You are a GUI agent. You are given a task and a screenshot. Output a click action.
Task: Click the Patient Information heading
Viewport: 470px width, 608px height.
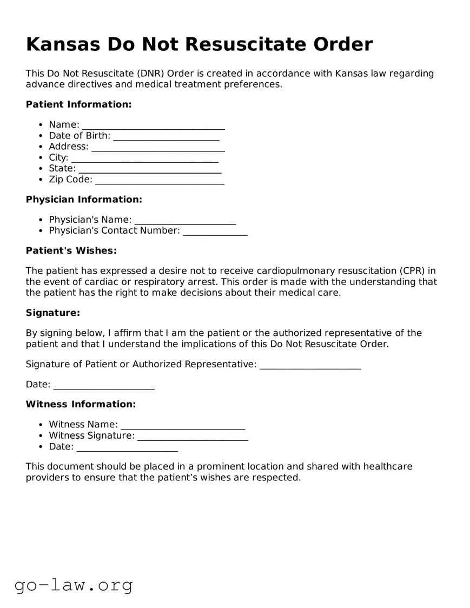(x=78, y=104)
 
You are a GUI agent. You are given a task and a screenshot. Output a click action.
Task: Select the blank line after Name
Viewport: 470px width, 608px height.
(x=153, y=125)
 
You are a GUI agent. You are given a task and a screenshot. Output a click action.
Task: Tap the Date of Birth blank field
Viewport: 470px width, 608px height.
(x=166, y=136)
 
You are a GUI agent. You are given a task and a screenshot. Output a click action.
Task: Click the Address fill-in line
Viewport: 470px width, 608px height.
(x=158, y=147)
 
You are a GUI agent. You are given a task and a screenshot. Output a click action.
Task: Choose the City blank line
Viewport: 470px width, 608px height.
(x=144, y=158)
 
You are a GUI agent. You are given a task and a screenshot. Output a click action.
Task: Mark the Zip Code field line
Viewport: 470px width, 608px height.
(x=160, y=180)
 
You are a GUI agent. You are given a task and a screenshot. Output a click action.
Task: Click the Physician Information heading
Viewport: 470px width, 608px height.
(x=84, y=200)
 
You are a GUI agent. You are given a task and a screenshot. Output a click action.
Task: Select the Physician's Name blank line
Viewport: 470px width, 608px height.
(x=185, y=220)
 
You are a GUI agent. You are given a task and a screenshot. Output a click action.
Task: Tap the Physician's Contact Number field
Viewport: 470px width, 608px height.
(x=215, y=232)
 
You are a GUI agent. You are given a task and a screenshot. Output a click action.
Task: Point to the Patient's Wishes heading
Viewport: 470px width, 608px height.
(x=71, y=250)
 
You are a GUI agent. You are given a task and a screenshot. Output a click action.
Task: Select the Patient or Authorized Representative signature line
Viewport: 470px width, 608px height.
(x=310, y=365)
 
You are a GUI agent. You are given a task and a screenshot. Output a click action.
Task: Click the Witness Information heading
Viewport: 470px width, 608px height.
(x=81, y=404)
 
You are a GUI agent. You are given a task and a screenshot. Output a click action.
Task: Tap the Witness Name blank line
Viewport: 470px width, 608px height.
(x=183, y=425)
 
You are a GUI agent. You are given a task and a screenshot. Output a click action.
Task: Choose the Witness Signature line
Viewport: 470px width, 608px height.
(x=193, y=436)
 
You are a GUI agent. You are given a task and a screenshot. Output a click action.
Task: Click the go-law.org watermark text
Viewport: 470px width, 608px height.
(x=74, y=585)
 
